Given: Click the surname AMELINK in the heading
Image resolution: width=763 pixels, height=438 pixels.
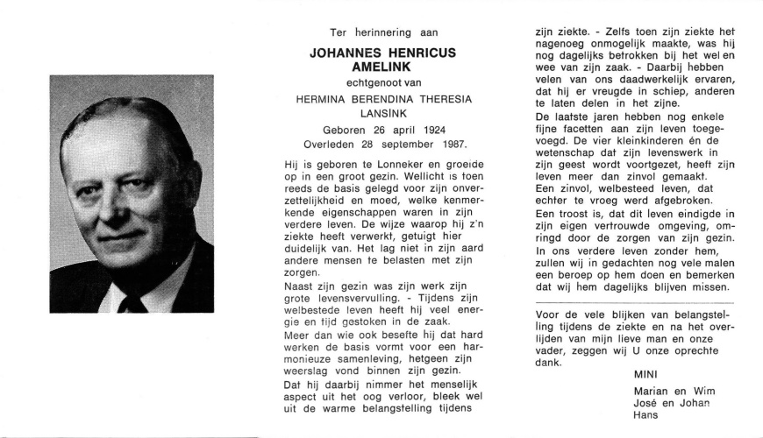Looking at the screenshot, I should pos(382,67).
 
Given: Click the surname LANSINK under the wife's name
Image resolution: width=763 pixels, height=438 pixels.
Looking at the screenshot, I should pos(382,114).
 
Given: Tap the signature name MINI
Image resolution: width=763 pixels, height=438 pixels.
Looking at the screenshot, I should pos(646,374).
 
